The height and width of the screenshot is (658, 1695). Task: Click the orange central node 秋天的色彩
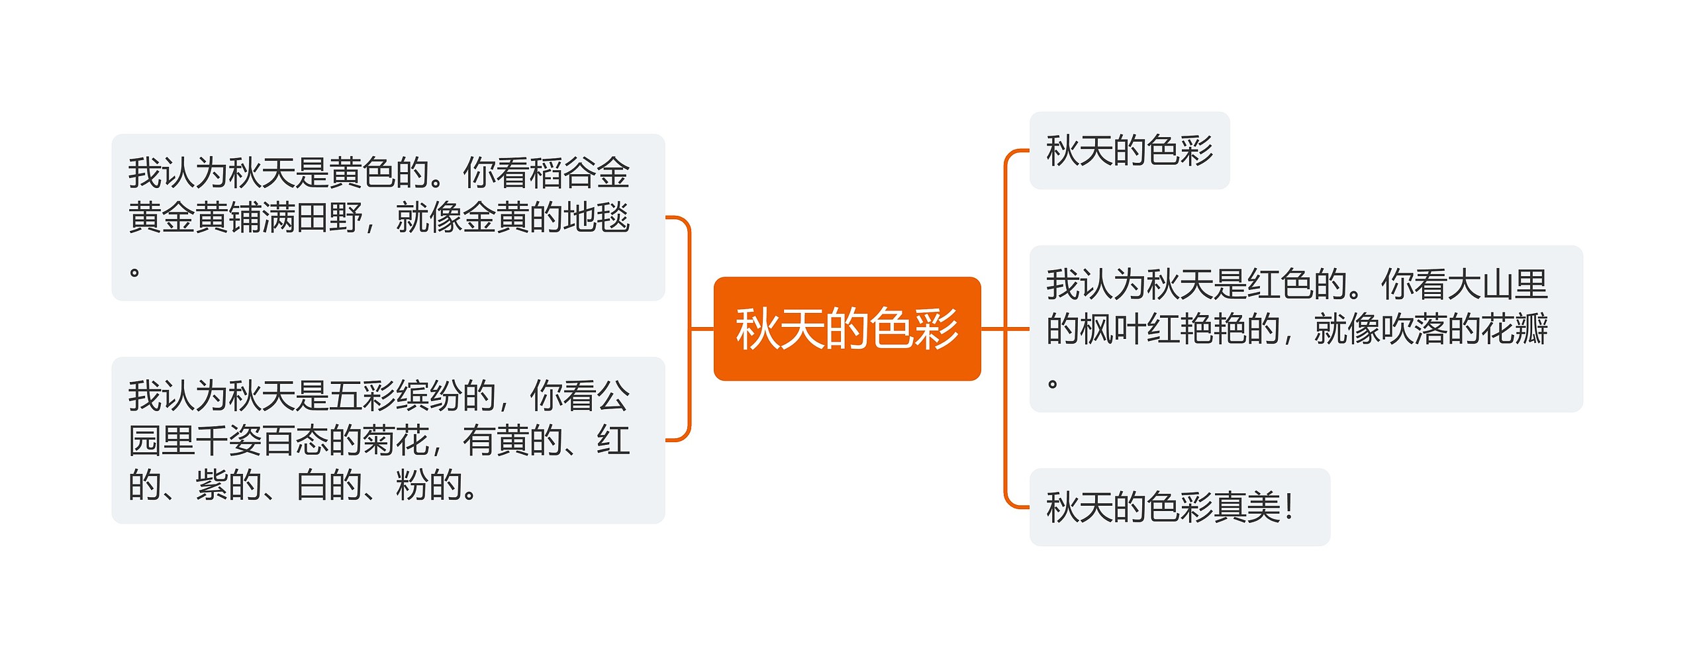coord(846,328)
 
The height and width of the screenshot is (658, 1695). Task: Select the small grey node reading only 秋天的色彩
coord(1129,150)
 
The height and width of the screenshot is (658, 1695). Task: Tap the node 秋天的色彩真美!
coord(1179,507)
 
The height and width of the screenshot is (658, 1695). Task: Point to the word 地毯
coord(596,218)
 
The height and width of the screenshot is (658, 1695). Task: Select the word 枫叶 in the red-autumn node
coord(1113,329)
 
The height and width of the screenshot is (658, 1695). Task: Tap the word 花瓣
coord(1515,329)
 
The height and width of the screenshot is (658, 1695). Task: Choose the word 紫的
coord(228,486)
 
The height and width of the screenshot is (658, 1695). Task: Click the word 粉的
coord(429,486)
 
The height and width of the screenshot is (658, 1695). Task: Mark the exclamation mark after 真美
coord(1288,507)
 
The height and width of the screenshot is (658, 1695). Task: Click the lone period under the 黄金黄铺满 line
coord(134,272)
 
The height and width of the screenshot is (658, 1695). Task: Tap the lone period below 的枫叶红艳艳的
coord(1053,383)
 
